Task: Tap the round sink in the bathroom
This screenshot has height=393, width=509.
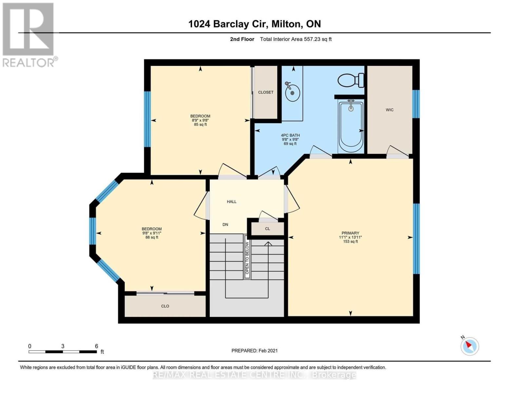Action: click(x=292, y=92)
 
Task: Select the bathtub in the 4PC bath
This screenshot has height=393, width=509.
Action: click(x=351, y=127)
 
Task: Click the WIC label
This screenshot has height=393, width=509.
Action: click(x=389, y=110)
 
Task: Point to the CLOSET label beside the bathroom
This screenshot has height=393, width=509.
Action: click(x=265, y=92)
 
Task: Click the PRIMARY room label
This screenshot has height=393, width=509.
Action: click(x=350, y=233)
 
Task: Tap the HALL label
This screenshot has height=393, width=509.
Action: click(x=231, y=202)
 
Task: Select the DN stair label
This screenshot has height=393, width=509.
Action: click(x=225, y=225)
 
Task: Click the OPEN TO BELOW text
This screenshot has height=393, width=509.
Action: click(x=247, y=258)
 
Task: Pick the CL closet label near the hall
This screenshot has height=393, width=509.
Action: click(x=267, y=229)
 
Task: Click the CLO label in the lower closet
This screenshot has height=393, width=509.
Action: click(x=165, y=306)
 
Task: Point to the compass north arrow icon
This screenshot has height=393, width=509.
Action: click(x=470, y=346)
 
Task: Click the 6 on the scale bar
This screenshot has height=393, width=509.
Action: click(x=96, y=346)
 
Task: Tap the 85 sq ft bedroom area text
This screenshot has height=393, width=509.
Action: click(x=200, y=124)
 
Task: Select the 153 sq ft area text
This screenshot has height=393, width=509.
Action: click(x=350, y=242)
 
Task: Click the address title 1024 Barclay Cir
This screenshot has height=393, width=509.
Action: click(x=254, y=24)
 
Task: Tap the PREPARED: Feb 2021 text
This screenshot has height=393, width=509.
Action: click(x=254, y=351)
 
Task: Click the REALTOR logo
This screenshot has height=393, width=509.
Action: click(x=29, y=35)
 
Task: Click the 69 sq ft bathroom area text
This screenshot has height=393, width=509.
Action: click(x=290, y=144)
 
